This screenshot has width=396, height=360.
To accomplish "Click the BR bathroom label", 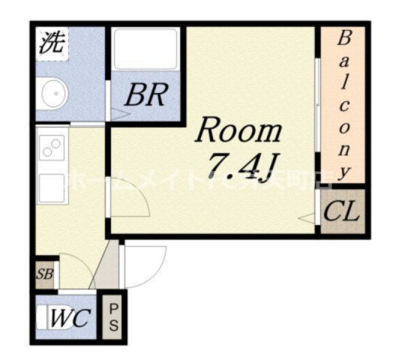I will tap(146, 95).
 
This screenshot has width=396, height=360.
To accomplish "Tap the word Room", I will tap(238, 131).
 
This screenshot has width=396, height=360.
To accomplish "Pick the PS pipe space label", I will tap(114, 317).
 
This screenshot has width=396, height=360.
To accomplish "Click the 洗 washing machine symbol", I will tap(52, 43).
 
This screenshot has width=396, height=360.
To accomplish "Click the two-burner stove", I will tap(52, 149).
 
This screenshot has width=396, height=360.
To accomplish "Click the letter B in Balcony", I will tap(344, 37).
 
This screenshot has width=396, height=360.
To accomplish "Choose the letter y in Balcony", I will tap(344, 170).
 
